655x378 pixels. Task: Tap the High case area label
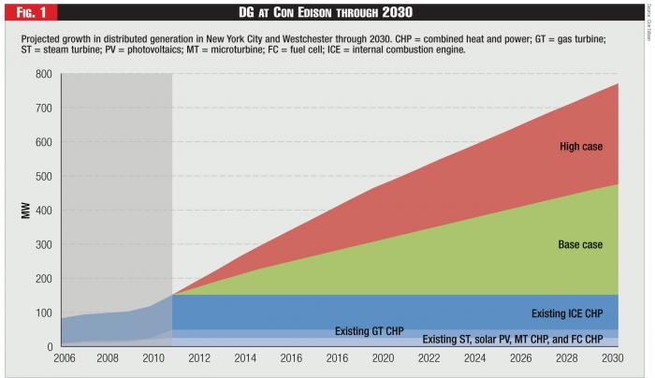click(x=581, y=146)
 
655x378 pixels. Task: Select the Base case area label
click(x=580, y=245)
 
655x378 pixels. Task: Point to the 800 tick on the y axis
click(x=43, y=74)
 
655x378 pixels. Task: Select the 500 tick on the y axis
click(x=43, y=177)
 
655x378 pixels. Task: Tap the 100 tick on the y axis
click(x=43, y=313)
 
